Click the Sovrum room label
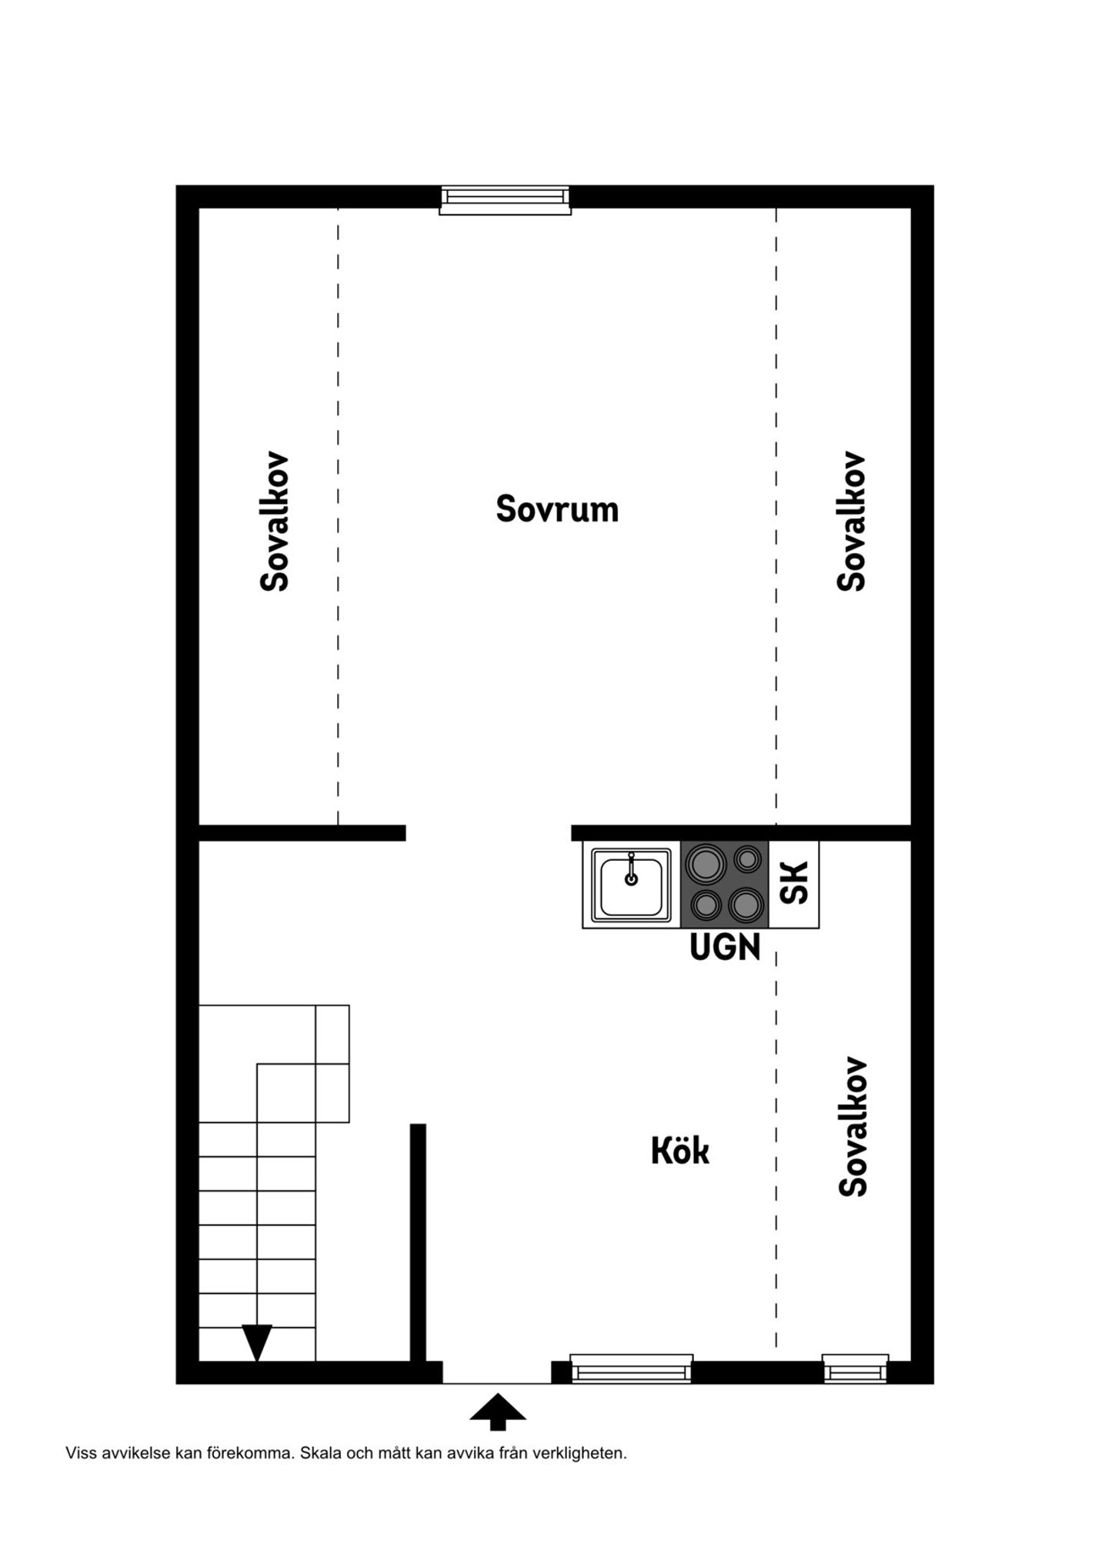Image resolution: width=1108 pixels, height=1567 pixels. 557,509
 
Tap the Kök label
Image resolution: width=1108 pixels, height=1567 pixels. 680,1152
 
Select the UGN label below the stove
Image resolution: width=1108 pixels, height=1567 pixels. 725,947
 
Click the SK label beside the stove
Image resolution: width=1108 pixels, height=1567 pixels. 794,883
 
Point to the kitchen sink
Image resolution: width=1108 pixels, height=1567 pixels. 631,885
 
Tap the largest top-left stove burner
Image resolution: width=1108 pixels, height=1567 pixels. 706,864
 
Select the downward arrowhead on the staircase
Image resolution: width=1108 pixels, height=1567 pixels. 257,1343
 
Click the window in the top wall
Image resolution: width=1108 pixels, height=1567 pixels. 505,200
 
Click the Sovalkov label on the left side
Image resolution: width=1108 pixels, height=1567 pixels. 275,522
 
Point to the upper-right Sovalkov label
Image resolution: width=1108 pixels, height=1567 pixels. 852,522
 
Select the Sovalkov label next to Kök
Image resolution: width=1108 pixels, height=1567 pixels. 853,1128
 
